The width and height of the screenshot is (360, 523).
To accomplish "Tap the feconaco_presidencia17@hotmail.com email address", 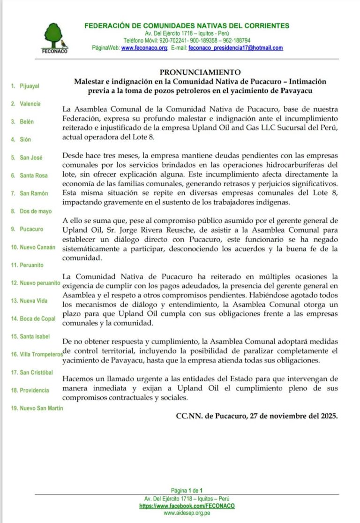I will [235, 48].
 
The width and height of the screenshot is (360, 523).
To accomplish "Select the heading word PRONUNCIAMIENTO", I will [200, 73].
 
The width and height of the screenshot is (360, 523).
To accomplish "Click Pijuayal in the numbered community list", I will [30, 86].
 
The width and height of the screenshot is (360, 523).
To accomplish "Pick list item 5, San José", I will [31, 158].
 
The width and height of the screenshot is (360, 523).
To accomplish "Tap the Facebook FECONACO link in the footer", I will [187, 506].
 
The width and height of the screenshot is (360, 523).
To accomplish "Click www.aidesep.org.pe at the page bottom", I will [187, 513].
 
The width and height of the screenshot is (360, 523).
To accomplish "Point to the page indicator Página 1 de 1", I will [187, 491].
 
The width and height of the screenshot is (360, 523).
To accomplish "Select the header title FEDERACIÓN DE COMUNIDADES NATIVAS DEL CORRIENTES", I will [187, 26].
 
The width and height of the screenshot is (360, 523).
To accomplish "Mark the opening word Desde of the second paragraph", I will [74, 155].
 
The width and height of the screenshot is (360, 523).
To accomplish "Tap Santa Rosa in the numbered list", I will [33, 175].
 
